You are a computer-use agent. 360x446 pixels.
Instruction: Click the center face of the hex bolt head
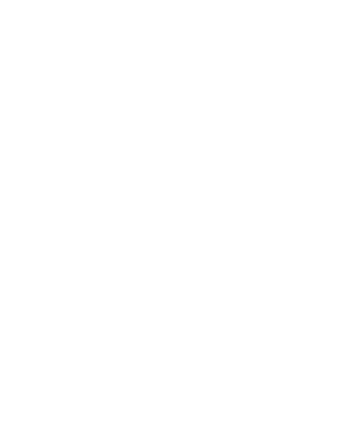[x=107, y=39]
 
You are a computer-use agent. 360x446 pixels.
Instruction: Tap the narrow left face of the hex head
[x=36, y=39]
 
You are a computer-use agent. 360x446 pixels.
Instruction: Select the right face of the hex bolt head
[x=182, y=39]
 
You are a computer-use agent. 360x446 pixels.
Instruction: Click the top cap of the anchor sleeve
[x=305, y=105]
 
